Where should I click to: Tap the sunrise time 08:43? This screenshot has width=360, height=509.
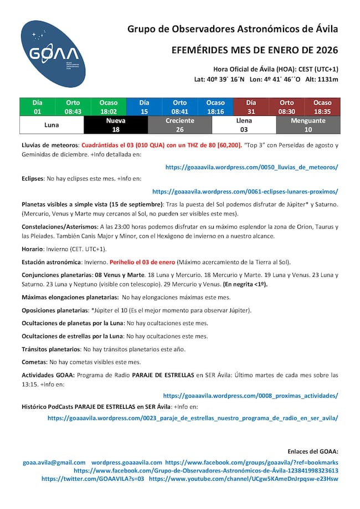[73, 111]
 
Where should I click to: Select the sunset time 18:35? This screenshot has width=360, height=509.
[322, 111]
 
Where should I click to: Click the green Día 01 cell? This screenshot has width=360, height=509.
[37, 107]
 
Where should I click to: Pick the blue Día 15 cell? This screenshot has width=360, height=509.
[144, 107]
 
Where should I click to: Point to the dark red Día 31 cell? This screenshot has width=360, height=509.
[251, 107]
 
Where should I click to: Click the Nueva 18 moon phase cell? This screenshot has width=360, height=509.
[116, 125]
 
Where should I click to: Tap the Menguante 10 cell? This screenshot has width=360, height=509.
[308, 125]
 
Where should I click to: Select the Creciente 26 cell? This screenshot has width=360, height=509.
[180, 125]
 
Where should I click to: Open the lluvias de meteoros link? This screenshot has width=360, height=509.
[252, 167]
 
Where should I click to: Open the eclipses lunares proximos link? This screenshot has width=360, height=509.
[245, 192]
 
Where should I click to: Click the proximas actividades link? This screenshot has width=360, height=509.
[250, 395]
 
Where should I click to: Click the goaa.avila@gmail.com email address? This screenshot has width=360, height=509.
[54, 462]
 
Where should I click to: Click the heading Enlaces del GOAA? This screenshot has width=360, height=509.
[313, 451]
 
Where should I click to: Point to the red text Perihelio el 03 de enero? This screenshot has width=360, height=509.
[142, 262]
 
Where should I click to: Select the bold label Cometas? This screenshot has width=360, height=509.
[34, 362]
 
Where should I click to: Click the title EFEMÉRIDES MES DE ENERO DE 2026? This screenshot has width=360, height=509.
[255, 50]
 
